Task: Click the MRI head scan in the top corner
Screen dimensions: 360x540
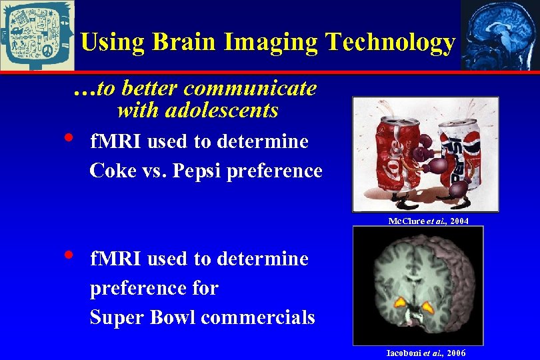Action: (x=499, y=35)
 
